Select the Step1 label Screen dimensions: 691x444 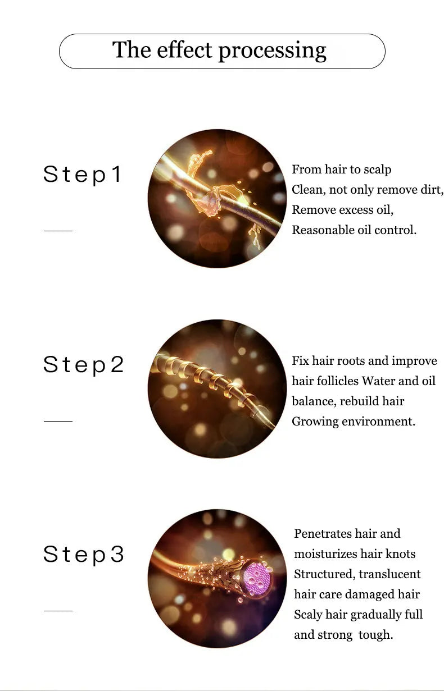(x=83, y=175)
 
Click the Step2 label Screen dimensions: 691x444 (x=83, y=365)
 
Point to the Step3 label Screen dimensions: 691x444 (x=83, y=555)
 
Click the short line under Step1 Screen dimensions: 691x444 (x=58, y=230)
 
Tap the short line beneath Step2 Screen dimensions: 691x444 (x=58, y=420)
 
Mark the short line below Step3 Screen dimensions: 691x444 (x=58, y=611)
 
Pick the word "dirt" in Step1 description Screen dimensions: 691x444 (x=431, y=190)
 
